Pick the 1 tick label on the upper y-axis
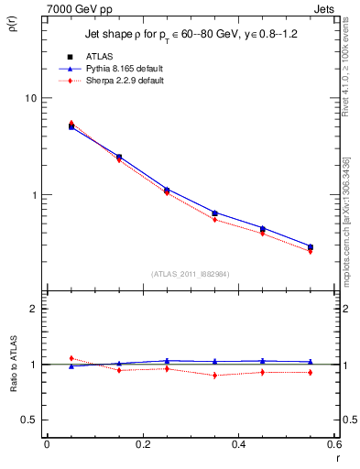point(33,195)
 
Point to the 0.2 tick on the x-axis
point(142,446)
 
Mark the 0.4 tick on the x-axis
point(238,446)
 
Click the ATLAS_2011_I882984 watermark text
point(191,273)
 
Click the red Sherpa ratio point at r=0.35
point(214,376)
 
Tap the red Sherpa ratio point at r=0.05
point(71,358)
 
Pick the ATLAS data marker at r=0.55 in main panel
point(311,247)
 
